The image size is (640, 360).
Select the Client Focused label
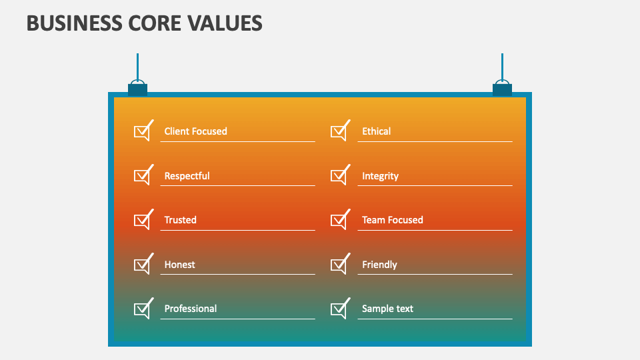[x=195, y=131]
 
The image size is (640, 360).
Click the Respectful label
[x=187, y=176]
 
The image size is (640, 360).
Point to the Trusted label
[x=180, y=220]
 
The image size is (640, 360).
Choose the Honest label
[x=179, y=265]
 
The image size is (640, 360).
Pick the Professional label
[x=190, y=309]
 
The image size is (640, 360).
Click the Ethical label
[x=376, y=131]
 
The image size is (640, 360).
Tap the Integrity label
[x=380, y=176]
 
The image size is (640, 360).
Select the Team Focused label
[x=392, y=220]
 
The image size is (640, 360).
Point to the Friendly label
[x=379, y=265]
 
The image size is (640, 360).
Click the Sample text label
[x=387, y=309]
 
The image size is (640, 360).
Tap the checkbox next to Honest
[x=142, y=265]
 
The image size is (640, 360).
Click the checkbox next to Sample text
[x=339, y=309]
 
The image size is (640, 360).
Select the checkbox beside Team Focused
[x=339, y=221]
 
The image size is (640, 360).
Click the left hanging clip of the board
[x=137, y=88]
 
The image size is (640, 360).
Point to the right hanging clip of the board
[x=502, y=88]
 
